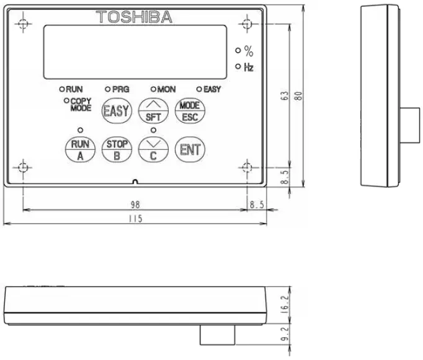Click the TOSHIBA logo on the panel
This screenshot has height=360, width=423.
coord(135,17)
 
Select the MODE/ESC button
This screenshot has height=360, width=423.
coord(189,110)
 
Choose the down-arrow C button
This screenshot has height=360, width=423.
coord(153,149)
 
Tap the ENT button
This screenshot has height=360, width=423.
coord(189,149)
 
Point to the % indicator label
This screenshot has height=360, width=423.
coord(248,52)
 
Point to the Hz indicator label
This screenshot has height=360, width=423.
coord(248,67)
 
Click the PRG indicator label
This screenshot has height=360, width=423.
coord(120,89)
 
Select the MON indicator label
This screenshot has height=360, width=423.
coord(166,89)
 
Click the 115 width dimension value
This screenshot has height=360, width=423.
coord(135,219)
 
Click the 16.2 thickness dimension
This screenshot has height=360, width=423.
coord(285,305)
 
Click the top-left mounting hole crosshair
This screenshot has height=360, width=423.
coord(23,25)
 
